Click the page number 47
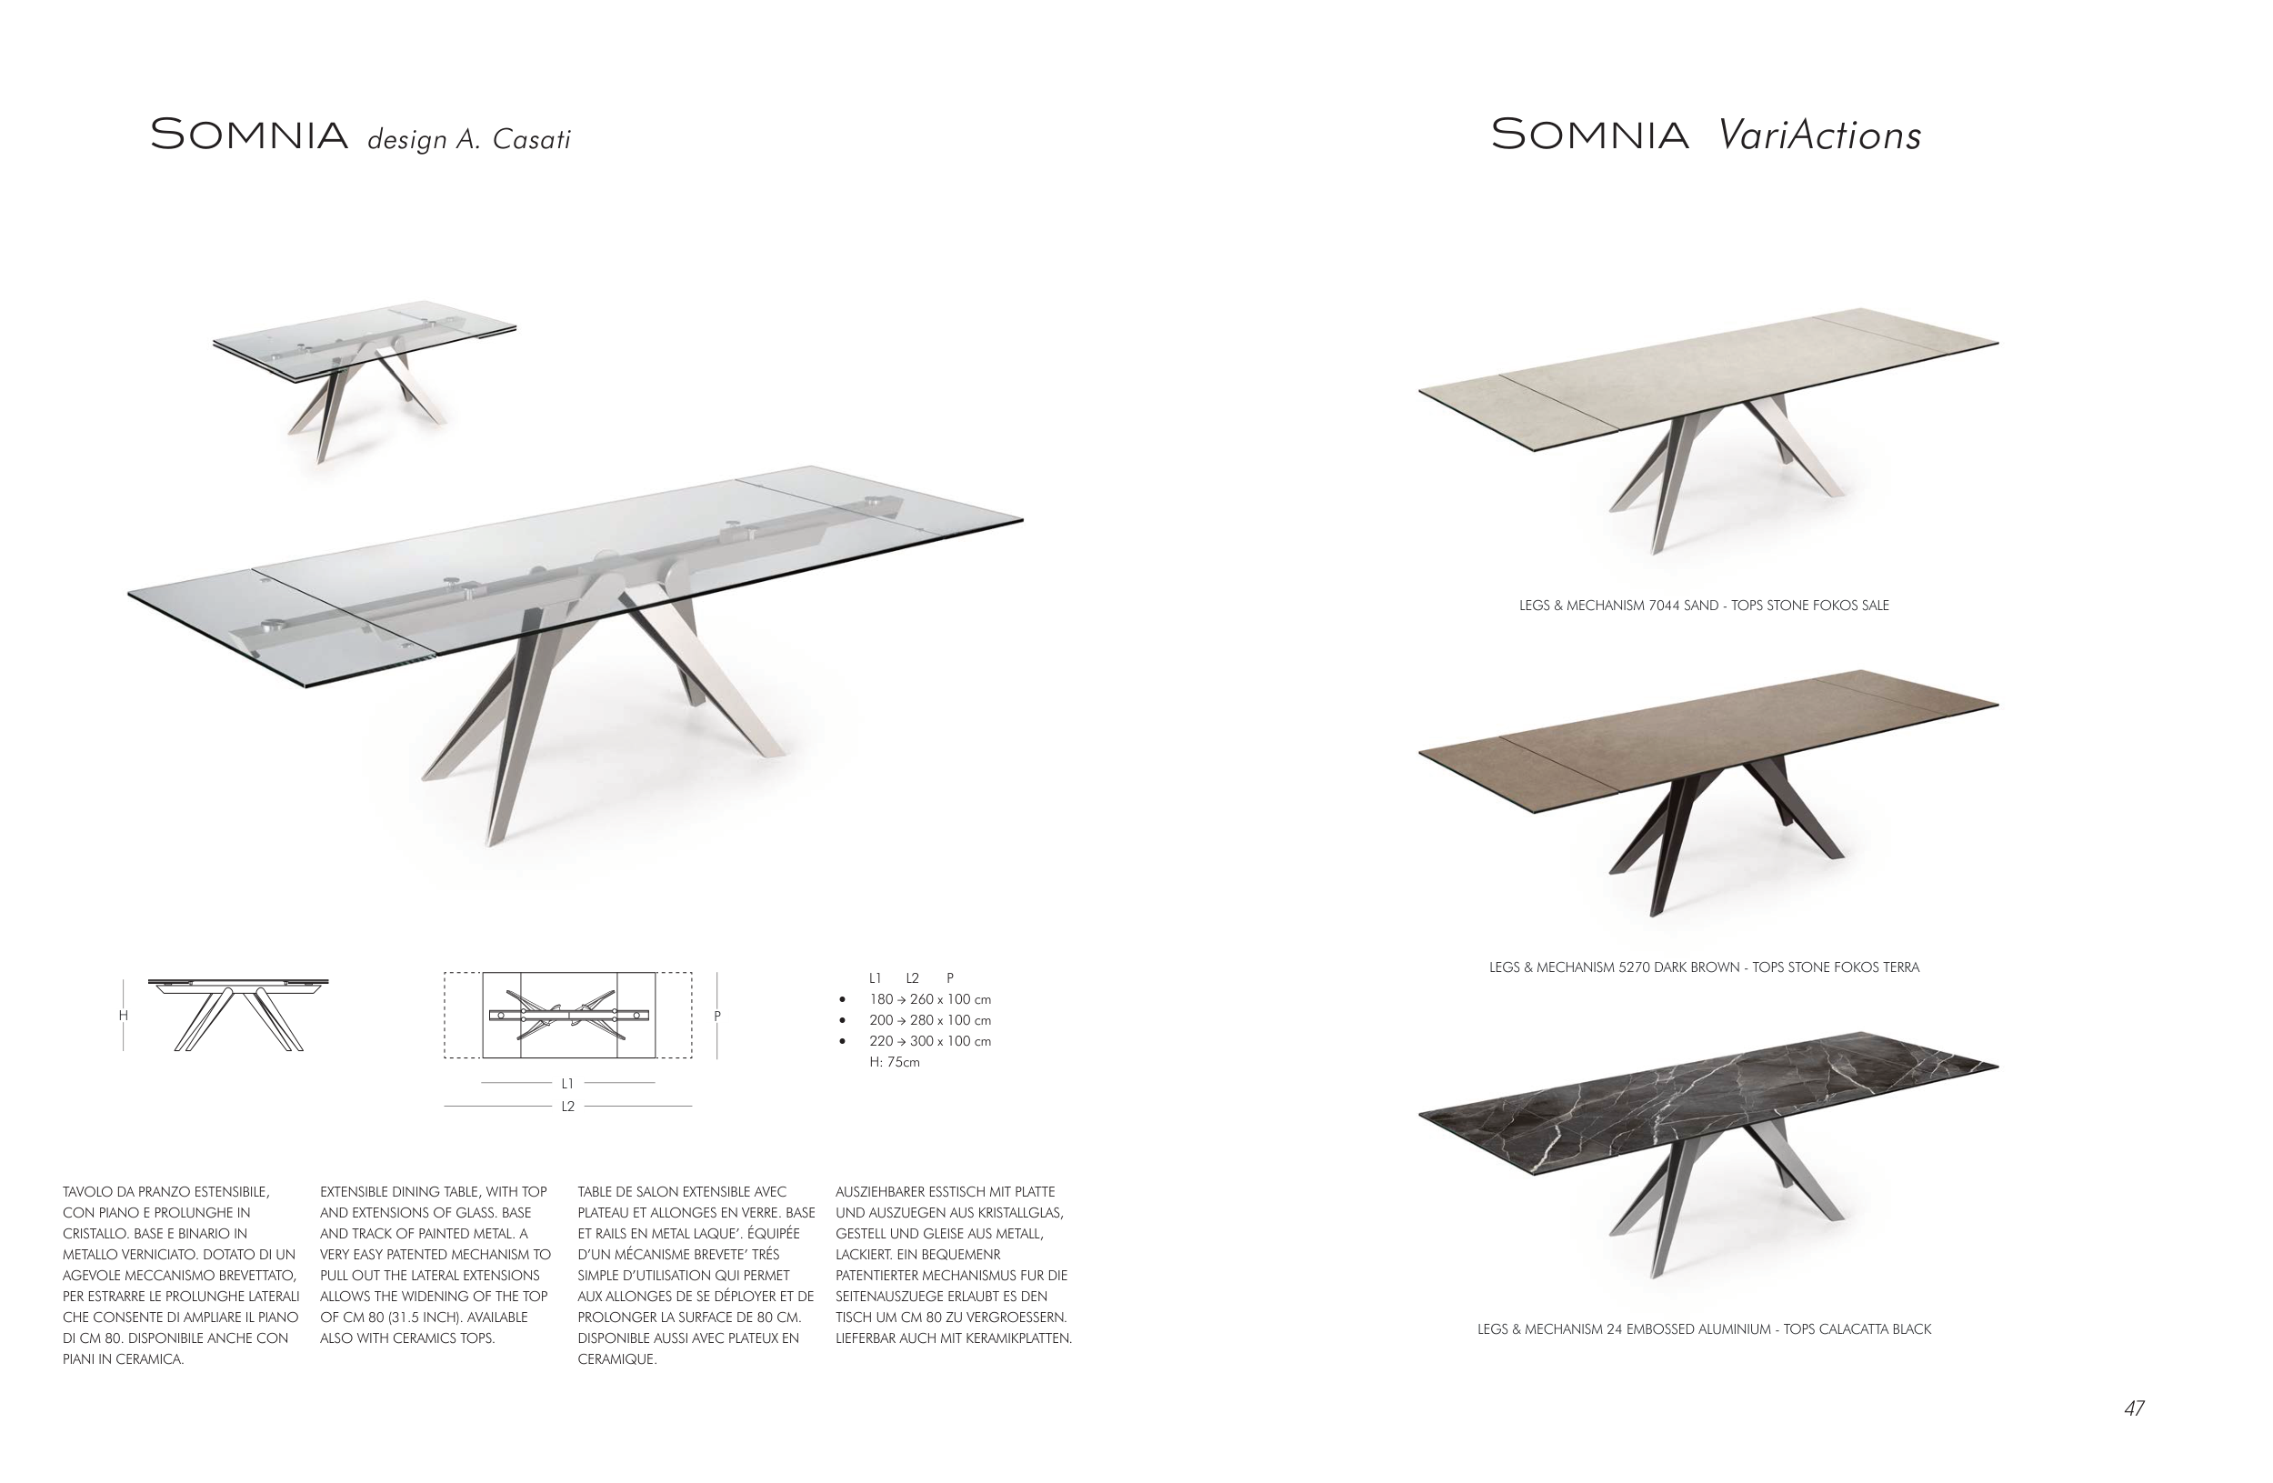point(2135,1408)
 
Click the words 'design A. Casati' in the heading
point(469,139)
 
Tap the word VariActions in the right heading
point(1819,135)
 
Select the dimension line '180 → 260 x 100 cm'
point(929,999)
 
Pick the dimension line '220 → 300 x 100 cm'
point(929,1041)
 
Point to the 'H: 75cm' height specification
point(894,1062)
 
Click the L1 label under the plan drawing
point(567,1083)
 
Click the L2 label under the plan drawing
point(567,1106)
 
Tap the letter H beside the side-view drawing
point(124,1015)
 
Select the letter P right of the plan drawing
point(717,1016)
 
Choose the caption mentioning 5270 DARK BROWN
point(1704,967)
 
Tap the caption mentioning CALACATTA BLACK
point(1704,1328)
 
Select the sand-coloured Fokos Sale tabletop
point(1707,376)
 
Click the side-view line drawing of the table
point(238,1013)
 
